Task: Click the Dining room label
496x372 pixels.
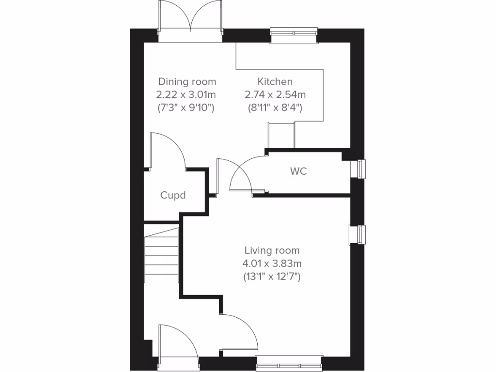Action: click(187, 81)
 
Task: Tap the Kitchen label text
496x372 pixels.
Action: click(275, 81)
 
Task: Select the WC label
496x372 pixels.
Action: click(298, 171)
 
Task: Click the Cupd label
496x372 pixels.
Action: click(173, 195)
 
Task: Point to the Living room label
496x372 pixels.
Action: click(272, 250)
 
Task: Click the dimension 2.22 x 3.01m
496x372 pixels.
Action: click(187, 94)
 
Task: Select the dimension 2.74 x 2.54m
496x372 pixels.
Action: click(275, 94)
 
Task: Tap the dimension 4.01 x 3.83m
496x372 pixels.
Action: click(272, 264)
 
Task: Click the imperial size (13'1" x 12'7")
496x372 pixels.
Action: click(272, 277)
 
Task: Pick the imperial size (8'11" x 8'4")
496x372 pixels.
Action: click(275, 108)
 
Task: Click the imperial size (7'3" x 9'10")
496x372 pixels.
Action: click(187, 108)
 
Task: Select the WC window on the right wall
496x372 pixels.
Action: click(360, 169)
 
